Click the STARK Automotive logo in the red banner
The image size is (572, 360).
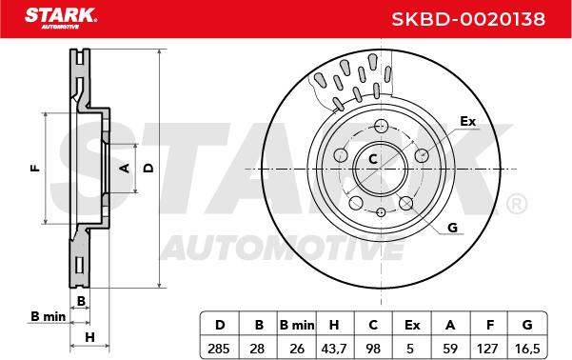point(61,18)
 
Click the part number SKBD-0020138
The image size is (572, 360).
point(468,19)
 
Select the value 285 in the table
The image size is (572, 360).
point(219,349)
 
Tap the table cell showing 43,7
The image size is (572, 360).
point(334,349)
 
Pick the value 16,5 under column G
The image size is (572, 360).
point(527,349)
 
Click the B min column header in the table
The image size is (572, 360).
point(297,325)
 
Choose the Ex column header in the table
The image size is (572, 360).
point(412,325)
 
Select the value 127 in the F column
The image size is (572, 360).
point(487,349)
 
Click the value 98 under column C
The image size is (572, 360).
point(373,349)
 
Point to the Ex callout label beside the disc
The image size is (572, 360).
point(468,121)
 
